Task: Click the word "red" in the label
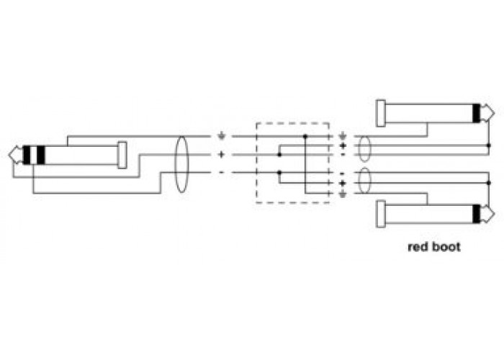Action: point(418,247)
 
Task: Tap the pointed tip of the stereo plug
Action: point(9,155)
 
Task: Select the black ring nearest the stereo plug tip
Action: point(27,155)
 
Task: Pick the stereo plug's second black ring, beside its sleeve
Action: point(41,155)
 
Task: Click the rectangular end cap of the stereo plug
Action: point(122,155)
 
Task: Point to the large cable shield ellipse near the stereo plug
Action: point(181,165)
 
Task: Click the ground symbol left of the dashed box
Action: point(221,136)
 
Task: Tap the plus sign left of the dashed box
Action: point(221,155)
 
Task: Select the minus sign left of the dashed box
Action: point(221,173)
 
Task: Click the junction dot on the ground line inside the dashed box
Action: point(305,136)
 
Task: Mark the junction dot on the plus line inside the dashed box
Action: point(279,155)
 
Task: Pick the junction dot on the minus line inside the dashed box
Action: point(279,173)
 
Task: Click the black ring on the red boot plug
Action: point(477,214)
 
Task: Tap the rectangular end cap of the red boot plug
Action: point(381,214)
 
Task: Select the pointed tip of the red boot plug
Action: point(495,214)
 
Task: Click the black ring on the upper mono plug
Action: point(477,113)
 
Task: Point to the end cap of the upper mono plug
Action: point(381,113)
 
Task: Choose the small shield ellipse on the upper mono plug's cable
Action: point(364,149)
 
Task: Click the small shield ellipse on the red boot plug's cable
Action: point(364,181)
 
